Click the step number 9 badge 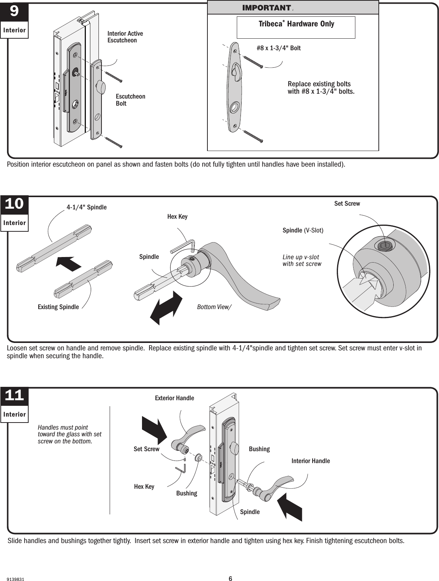coord(14,12)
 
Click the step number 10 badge coord(14,204)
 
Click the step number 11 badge coord(14,396)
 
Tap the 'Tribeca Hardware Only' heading coord(296,24)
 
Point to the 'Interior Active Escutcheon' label coord(125,37)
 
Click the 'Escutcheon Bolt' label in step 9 coord(130,100)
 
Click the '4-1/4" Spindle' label coord(86,207)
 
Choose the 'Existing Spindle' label coord(58,307)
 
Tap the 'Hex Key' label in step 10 coord(177,216)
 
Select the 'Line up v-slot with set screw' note coord(301,260)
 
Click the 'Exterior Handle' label coord(174,398)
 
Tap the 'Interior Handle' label coord(310,461)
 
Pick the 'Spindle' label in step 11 coord(250,512)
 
